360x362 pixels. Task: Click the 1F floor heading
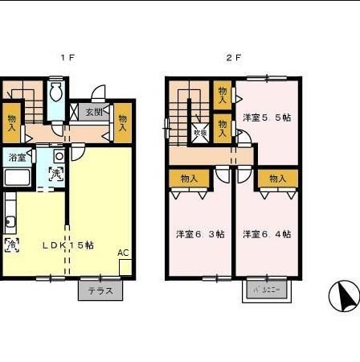point(68,57)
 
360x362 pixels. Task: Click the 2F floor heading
point(232,57)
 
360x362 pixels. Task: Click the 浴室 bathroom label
point(16,157)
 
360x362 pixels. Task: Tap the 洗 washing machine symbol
point(55,172)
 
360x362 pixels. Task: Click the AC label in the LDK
point(123,253)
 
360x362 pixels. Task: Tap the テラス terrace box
point(101,290)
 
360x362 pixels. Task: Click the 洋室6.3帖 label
point(200,234)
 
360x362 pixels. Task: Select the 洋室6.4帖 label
point(266,234)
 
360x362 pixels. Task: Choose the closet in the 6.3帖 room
point(189,179)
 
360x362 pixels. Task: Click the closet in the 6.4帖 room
point(278,179)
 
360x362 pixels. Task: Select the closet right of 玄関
point(123,122)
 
